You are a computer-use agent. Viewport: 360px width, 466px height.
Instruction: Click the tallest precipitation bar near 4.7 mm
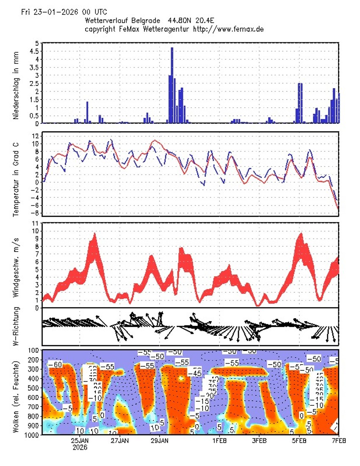point(172,85)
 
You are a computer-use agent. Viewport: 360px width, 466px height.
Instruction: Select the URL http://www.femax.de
point(229,29)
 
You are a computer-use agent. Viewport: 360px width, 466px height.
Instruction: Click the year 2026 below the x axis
point(80,447)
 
